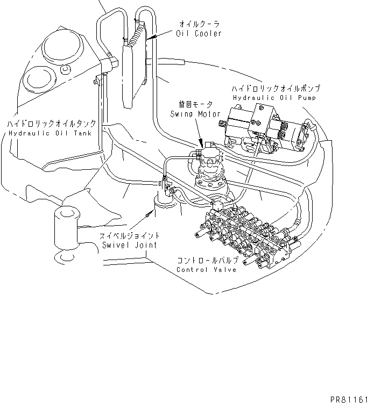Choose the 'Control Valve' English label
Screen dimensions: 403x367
point(206,269)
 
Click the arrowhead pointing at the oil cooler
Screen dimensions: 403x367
point(150,38)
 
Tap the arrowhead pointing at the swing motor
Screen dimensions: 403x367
point(202,145)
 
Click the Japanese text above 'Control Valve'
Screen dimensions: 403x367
point(206,260)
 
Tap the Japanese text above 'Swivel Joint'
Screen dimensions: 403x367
point(130,236)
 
